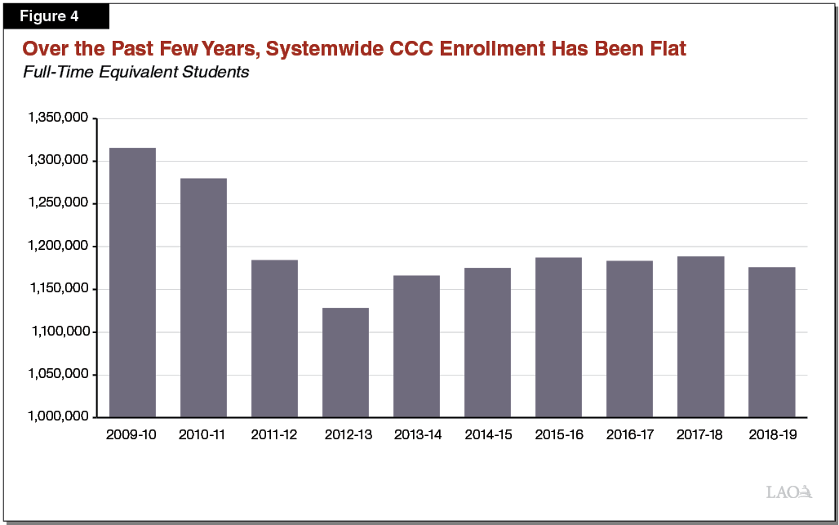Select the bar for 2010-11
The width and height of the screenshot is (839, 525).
203,297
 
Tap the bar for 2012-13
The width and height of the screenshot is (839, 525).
345,362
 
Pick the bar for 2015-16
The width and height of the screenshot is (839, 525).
558,336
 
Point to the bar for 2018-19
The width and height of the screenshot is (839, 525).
771,341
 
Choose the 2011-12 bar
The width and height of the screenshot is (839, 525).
274,338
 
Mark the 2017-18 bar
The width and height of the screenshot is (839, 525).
700,336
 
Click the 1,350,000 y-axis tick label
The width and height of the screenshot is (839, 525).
58,118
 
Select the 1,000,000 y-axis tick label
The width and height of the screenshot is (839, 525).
58,417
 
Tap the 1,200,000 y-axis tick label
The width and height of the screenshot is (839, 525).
58,247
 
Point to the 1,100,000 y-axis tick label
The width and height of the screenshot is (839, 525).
58,332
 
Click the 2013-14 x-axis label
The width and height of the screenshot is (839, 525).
417,435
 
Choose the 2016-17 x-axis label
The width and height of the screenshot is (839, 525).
630,435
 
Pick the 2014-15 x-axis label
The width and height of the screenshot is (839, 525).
488,435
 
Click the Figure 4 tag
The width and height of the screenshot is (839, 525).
55,16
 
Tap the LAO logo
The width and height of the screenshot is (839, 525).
789,492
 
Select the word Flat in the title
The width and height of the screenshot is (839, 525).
666,49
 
